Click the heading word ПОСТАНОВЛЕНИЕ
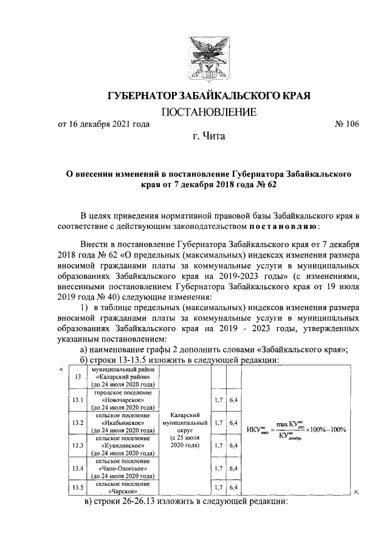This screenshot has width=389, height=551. tap(201, 112)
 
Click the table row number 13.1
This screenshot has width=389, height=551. tap(77, 399)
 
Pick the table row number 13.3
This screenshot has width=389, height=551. tap(77, 446)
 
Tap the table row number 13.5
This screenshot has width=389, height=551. tap(77, 487)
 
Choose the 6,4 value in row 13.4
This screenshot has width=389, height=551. tap(232, 469)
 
